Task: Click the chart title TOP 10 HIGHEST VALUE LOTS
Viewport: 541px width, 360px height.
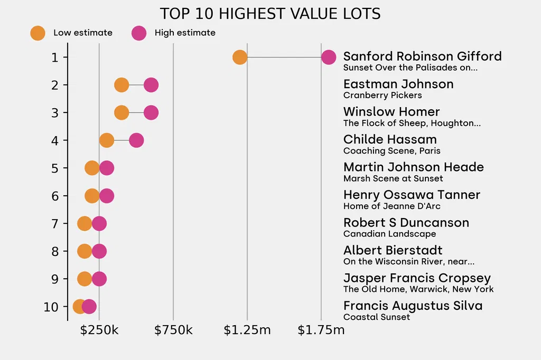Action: [x=270, y=14]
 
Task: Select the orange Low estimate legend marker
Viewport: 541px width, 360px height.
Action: [x=38, y=33]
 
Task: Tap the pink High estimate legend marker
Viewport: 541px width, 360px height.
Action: [x=139, y=33]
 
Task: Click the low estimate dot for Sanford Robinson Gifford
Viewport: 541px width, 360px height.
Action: [x=240, y=57]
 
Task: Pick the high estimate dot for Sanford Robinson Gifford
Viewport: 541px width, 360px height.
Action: [x=329, y=57]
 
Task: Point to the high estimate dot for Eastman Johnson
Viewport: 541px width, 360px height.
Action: [x=151, y=85]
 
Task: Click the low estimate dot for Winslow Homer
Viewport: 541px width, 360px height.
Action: [x=122, y=112]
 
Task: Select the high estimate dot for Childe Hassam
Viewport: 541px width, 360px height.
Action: [x=136, y=140]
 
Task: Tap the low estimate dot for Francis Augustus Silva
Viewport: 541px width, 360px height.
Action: [x=80, y=306]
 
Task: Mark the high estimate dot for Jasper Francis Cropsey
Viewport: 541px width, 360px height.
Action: [x=99, y=279]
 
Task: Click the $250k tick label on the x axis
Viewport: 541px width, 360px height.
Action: [x=99, y=330]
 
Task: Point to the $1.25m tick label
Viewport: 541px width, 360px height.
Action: [x=247, y=330]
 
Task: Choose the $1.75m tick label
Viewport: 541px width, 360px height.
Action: [x=321, y=330]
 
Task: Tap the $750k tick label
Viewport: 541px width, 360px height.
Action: [x=173, y=330]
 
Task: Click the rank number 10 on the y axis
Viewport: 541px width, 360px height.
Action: [x=51, y=307]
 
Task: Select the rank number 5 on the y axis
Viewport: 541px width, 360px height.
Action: [x=55, y=168]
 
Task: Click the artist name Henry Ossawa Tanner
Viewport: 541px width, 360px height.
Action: [x=412, y=195]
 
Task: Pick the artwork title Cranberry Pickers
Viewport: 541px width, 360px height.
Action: [x=383, y=96]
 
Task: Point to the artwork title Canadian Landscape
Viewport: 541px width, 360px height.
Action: [x=389, y=234]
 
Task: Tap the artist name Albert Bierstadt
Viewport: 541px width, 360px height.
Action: [x=393, y=250]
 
